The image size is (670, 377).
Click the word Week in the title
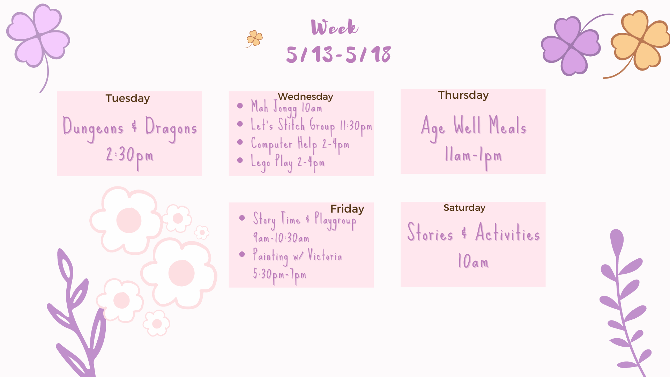tap(335, 27)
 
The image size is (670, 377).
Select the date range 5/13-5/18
tap(338, 54)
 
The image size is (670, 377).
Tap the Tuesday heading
tap(128, 98)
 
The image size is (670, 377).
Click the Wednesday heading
tap(305, 96)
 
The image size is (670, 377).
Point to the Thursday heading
tap(463, 95)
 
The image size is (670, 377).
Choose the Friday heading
tap(347, 209)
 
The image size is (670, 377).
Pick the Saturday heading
tap(464, 208)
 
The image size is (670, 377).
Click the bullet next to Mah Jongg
tap(240, 106)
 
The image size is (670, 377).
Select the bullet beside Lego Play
tap(240, 160)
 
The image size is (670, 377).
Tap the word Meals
tap(507, 125)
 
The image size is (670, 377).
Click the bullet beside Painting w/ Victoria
tap(242, 254)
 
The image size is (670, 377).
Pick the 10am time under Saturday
tap(473, 261)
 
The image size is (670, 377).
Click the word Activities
tap(508, 233)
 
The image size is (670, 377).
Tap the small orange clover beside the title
tap(254, 38)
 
